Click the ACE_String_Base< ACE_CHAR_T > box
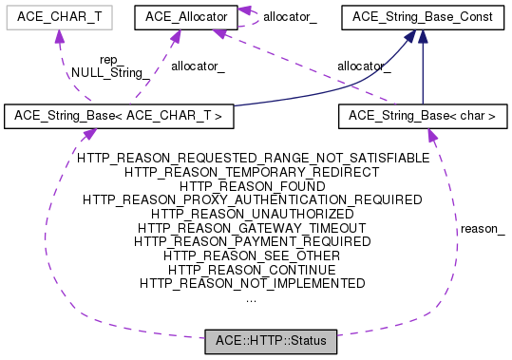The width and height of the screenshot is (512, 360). [x=119, y=116]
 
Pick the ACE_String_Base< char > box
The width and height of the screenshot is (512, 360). [x=422, y=116]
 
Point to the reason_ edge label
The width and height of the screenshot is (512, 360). [x=482, y=229]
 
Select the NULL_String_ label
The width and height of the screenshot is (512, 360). [x=106, y=72]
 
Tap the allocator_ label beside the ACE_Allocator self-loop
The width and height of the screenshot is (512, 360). [x=290, y=16]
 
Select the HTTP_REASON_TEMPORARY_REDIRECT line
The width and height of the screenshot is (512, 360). [x=252, y=173]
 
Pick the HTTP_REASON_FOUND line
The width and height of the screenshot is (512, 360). [x=252, y=187]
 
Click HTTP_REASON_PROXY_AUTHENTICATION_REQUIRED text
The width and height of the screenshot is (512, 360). [x=252, y=200]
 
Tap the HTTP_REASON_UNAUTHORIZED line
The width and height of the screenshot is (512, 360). [x=252, y=215]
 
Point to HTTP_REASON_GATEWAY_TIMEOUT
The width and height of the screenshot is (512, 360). [x=252, y=228]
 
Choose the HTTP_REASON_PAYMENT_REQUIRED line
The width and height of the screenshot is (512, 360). [x=252, y=242]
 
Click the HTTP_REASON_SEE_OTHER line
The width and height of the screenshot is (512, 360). [x=252, y=256]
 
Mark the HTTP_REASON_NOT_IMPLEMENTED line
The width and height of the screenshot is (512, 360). [x=252, y=283]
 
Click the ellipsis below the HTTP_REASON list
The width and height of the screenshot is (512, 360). [x=251, y=297]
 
